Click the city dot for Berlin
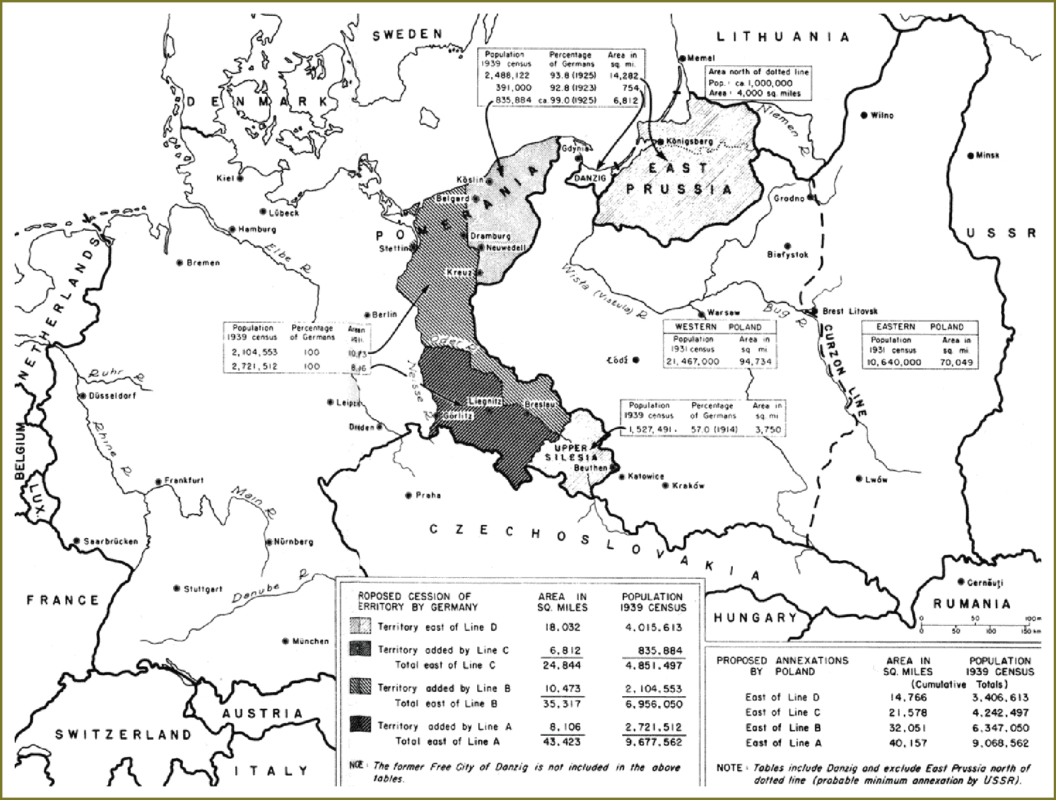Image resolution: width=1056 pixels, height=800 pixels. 368,315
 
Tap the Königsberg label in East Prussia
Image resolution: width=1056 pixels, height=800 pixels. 689,141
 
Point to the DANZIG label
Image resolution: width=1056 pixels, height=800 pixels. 590,178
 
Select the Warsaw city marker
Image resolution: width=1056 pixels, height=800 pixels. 702,314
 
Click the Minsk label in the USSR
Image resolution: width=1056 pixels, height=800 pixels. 987,155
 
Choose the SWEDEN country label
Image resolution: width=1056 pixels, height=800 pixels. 408,35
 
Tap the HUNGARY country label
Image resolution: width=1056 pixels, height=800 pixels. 755,617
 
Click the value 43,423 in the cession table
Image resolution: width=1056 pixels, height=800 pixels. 561,742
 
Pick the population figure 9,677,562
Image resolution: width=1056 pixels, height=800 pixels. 654,742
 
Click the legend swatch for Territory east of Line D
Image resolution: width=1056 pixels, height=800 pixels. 360,626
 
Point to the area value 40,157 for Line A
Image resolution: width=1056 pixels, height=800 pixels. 908,743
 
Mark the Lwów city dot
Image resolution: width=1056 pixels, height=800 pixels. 859,479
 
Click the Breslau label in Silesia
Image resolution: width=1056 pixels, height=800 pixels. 540,405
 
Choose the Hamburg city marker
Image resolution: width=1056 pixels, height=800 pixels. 232,230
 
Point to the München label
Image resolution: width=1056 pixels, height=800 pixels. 311,641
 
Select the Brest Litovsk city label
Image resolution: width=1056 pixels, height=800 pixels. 850,311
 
